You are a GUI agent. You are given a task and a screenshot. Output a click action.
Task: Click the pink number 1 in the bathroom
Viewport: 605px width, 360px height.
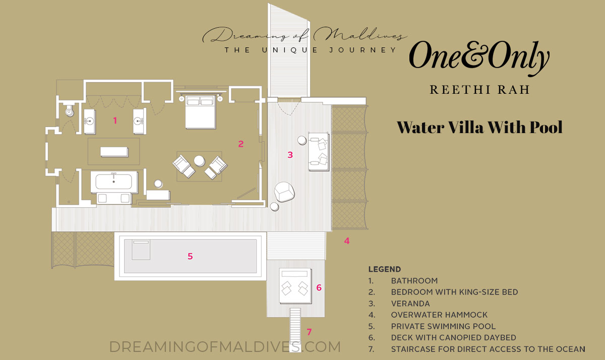(115, 121)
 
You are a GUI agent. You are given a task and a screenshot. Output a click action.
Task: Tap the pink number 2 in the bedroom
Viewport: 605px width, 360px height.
(241, 144)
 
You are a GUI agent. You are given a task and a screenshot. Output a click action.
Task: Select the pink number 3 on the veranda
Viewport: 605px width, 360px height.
(290, 155)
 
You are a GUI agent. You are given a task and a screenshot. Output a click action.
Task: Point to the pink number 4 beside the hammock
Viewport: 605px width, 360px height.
(347, 241)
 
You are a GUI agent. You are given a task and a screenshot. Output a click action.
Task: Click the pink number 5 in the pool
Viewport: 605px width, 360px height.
(190, 256)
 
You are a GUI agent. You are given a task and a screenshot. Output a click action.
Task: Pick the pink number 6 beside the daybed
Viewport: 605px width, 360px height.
(319, 288)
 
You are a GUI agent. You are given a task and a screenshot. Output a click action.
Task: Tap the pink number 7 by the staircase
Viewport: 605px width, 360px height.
(309, 332)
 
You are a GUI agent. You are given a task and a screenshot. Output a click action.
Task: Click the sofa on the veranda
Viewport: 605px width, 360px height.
(319, 152)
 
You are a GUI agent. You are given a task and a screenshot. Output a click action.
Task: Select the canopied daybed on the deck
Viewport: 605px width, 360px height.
(295, 285)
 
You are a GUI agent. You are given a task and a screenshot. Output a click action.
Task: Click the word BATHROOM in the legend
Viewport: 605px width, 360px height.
(414, 281)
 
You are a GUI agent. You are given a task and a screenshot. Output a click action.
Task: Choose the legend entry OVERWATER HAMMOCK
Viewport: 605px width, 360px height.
(439, 315)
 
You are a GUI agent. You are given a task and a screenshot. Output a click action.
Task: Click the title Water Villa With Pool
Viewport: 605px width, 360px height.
(479, 127)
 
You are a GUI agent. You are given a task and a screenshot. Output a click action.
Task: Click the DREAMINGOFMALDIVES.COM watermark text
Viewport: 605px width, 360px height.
(225, 347)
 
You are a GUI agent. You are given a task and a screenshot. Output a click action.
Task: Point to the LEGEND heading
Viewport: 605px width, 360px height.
(384, 269)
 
